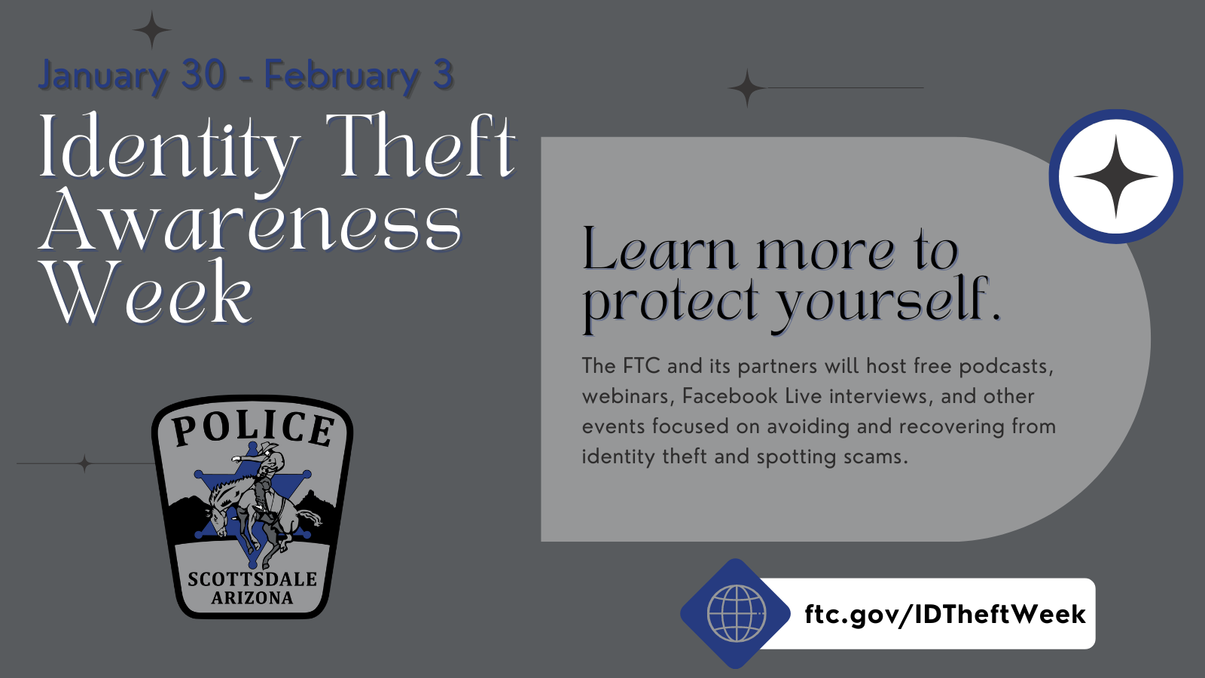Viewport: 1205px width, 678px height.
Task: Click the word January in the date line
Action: (x=102, y=76)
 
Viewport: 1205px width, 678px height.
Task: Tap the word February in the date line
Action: (x=341, y=76)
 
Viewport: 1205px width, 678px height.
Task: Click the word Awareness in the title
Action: (x=251, y=221)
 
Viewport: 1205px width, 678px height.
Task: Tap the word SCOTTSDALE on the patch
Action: (x=252, y=579)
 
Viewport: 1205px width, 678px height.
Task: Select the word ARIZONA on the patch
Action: (x=252, y=598)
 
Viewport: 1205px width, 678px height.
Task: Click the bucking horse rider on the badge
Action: (x=260, y=497)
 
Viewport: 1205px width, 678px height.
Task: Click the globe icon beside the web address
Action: (x=736, y=613)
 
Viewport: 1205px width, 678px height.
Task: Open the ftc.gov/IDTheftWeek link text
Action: (x=944, y=614)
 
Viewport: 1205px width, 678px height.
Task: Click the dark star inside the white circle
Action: (x=1115, y=177)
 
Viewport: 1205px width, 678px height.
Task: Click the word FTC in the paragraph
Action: (x=641, y=366)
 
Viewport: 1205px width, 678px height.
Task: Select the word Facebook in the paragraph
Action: (x=729, y=396)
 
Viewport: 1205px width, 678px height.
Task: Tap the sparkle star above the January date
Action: (x=152, y=31)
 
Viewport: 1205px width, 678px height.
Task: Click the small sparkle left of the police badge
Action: (x=85, y=463)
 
